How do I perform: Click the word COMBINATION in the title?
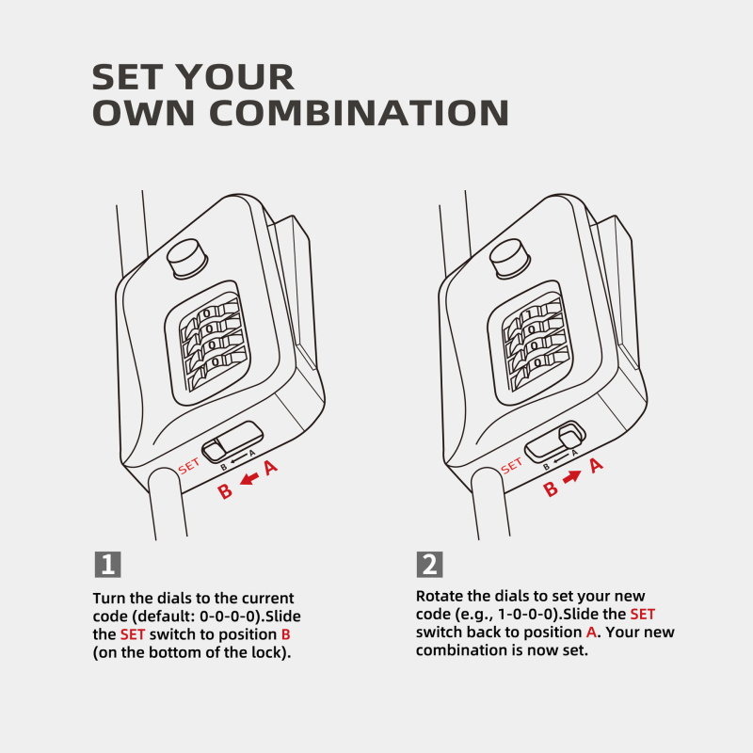point(359,113)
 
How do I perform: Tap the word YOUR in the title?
point(234,77)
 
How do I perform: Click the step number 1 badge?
point(108,564)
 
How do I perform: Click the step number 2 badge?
point(429,564)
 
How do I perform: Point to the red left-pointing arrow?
point(249,478)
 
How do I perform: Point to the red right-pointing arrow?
point(571,476)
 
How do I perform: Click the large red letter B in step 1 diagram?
point(225,490)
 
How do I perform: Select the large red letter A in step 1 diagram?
point(271,467)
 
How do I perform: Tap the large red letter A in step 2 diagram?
point(596,465)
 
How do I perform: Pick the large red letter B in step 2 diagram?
point(551,489)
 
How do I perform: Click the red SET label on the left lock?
point(188,466)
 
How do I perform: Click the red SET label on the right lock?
point(511,465)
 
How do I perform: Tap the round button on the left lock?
point(186,259)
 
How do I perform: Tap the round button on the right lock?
point(509,259)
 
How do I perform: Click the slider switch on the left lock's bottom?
point(232,442)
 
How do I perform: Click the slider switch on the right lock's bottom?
point(555,442)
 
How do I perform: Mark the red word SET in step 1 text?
point(133,634)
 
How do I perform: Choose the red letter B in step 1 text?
point(286,634)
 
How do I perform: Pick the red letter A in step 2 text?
point(592,632)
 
